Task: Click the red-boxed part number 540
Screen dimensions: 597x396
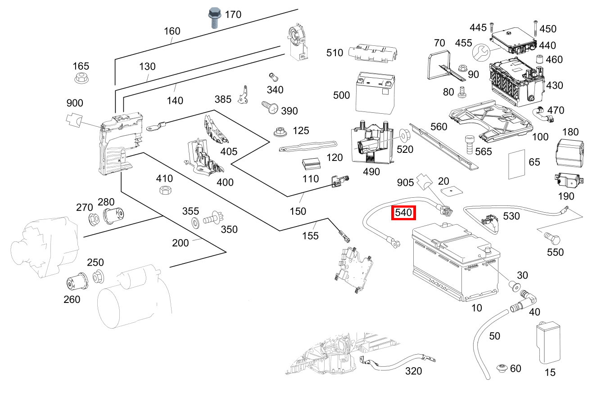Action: click(403, 213)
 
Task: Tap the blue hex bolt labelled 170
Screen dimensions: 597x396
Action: click(214, 18)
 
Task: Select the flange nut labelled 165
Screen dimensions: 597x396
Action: click(81, 78)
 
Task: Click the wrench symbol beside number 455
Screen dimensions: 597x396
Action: click(481, 53)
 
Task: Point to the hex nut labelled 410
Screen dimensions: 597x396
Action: click(165, 190)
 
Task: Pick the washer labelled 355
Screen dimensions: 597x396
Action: click(195, 223)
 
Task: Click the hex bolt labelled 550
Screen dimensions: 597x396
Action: click(552, 238)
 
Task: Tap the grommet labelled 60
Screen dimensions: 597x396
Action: click(502, 369)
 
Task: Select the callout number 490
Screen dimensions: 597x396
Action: click(371, 172)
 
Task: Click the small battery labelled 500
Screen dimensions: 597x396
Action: click(375, 93)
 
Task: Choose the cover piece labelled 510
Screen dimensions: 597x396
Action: click(373, 53)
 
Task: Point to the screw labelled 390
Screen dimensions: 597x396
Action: click(270, 107)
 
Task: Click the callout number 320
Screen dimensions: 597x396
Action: click(413, 371)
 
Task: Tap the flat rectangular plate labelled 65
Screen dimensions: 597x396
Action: click(516, 164)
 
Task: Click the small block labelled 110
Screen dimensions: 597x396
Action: click(311, 164)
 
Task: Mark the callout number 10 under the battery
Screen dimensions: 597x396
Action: click(476, 308)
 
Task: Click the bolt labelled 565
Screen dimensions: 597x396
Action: click(469, 144)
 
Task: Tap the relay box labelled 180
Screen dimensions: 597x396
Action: click(570, 153)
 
